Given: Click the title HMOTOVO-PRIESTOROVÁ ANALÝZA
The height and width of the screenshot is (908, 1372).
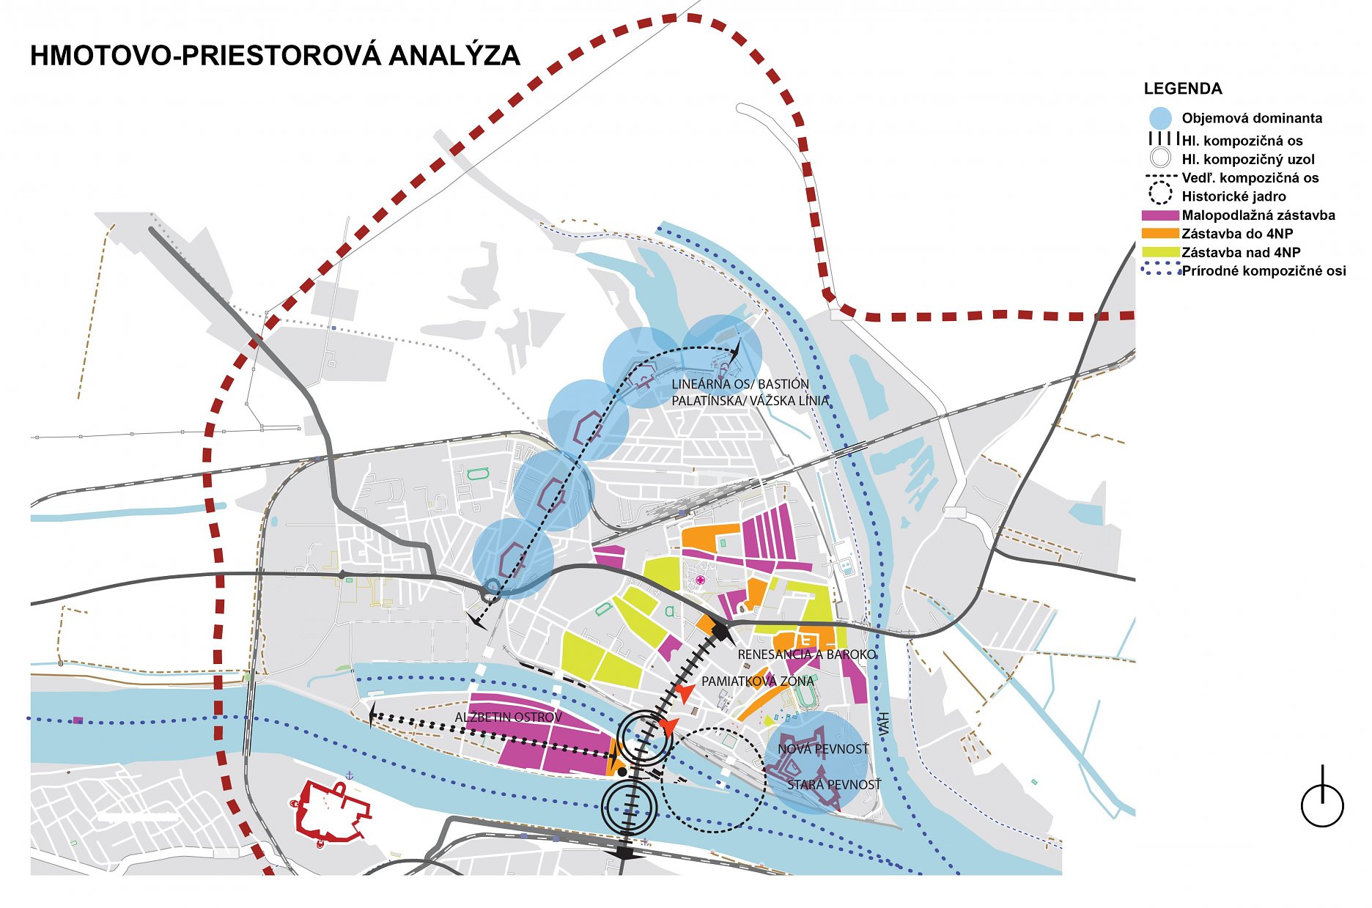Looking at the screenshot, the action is pos(275,56).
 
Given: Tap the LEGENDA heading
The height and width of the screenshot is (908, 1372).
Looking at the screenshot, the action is pos(1183,89).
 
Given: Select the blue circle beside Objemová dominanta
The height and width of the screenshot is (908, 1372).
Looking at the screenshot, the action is pos(1160,118).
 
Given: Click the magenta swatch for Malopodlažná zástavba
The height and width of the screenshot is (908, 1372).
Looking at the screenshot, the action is pos(1160,215).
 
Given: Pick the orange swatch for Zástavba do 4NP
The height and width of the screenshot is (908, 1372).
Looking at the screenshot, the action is pos(1160,234).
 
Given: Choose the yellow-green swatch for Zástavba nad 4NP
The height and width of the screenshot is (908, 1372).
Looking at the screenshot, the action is pos(1160,252).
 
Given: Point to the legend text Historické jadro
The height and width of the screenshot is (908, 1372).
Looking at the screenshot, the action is pos(1233,196).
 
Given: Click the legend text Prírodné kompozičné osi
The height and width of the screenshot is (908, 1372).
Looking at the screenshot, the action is pos(1264,271).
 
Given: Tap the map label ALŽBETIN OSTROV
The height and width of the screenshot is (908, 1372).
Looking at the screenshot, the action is pos(509,717).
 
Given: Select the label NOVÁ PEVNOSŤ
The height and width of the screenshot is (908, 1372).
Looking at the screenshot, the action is pos(823,749).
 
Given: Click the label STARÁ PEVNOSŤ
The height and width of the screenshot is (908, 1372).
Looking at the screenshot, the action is pos(834,785).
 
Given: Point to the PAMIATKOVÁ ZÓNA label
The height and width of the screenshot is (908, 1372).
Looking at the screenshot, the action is pos(758,682).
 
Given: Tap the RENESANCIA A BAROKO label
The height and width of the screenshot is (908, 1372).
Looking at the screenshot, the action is pos(807,654).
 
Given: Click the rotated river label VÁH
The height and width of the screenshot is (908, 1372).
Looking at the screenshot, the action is pos(885,725).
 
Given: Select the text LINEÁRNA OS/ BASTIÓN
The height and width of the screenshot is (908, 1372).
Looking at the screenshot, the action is pos(740,384).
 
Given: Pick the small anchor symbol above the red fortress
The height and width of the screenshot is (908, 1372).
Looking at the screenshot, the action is pos(350,775).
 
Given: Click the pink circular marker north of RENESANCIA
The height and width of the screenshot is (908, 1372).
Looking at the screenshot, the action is pos(701,580).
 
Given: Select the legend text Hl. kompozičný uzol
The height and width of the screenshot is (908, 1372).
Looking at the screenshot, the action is pos(1248,160).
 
